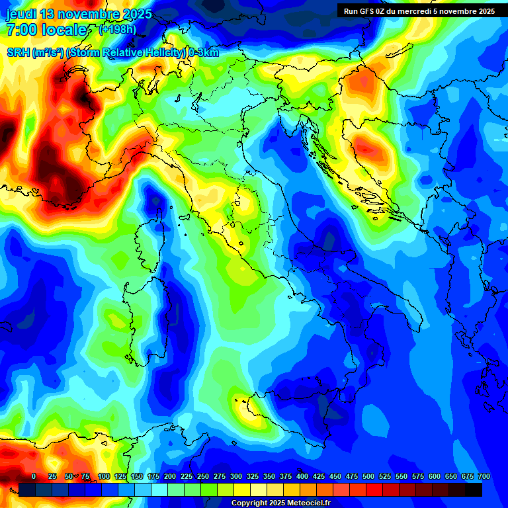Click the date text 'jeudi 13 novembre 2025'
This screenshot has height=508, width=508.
point(79,14)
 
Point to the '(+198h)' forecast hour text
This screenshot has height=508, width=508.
point(117,30)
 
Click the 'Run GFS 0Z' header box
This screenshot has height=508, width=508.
point(419,11)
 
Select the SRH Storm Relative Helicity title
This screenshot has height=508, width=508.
point(113,53)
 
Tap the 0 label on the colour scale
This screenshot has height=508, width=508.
point(34,476)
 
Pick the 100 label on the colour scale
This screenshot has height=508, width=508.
point(103,476)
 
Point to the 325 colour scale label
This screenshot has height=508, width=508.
point(252,476)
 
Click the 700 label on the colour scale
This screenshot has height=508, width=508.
point(484,476)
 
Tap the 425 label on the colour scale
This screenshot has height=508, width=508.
point(318,476)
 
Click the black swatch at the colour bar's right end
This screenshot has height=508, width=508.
point(474,489)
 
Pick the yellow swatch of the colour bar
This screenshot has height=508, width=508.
point(242,489)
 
